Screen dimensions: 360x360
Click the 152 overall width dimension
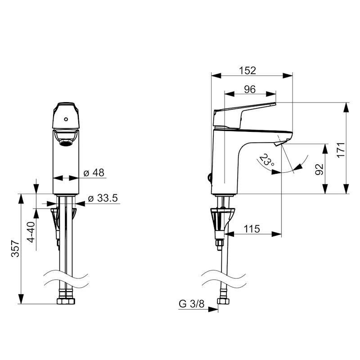[x=247, y=71]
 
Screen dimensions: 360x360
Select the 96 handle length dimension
[x=250, y=89]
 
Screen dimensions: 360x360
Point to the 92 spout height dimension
[x=319, y=169]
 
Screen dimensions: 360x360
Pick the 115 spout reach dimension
[x=252, y=229]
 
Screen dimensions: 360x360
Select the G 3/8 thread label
[x=192, y=304]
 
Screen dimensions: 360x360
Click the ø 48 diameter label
[x=94, y=173]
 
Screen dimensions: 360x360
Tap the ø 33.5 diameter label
[x=103, y=198]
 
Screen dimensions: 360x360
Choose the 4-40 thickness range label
[x=31, y=231]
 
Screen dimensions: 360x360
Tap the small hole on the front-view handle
[x=66, y=120]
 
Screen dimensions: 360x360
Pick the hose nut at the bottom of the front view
[x=66, y=301]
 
